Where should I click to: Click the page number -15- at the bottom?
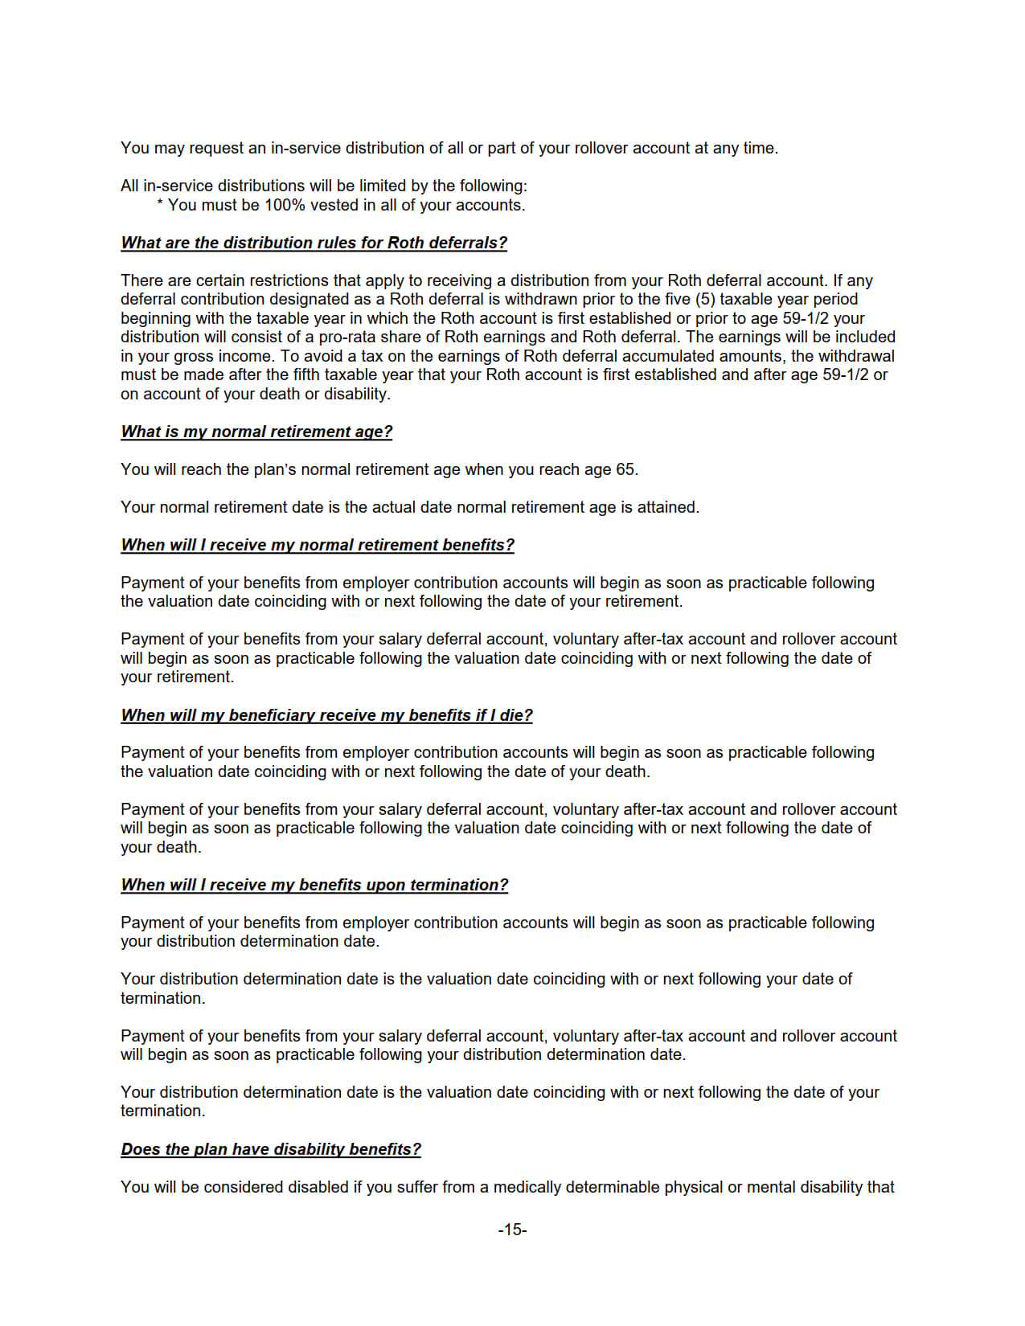pos(512,1230)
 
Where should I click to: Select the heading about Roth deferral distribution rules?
pos(314,243)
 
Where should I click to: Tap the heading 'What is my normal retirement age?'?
pos(256,432)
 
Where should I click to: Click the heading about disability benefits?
pos(271,1149)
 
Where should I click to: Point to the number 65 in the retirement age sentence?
pos(625,469)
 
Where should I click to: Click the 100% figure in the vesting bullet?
pos(285,205)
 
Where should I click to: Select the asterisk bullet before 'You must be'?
pos(160,205)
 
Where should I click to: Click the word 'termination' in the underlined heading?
pos(458,885)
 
